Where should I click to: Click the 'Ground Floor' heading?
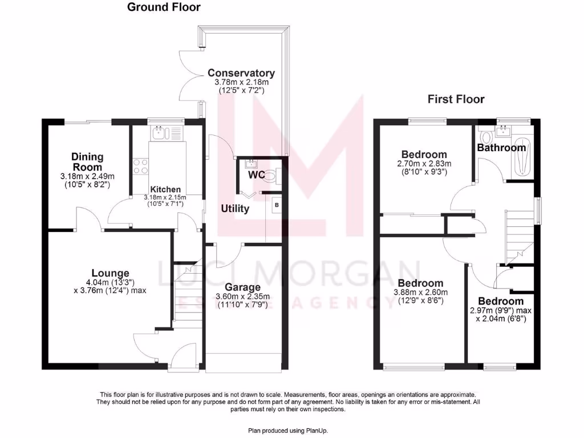pyautogui.click(x=164, y=7)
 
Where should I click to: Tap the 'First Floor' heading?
pyautogui.click(x=456, y=99)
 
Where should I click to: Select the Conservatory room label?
pyautogui.click(x=241, y=73)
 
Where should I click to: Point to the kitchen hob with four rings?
pyautogui.click(x=140, y=166)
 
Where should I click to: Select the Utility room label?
pyautogui.click(x=235, y=209)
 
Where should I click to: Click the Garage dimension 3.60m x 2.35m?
pyautogui.click(x=242, y=297)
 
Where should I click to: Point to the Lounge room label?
pyautogui.click(x=111, y=273)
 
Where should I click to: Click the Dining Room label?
pyautogui.click(x=87, y=162)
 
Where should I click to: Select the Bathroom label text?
pyautogui.click(x=501, y=148)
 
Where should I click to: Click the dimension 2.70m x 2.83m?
pyautogui.click(x=424, y=163)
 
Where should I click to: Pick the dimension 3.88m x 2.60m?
pyautogui.click(x=420, y=293)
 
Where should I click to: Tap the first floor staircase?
pyautogui.click(x=518, y=234)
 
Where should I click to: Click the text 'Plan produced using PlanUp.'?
pyautogui.click(x=287, y=430)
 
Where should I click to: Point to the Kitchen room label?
pyautogui.click(x=165, y=189)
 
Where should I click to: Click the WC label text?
pyautogui.click(x=256, y=175)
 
